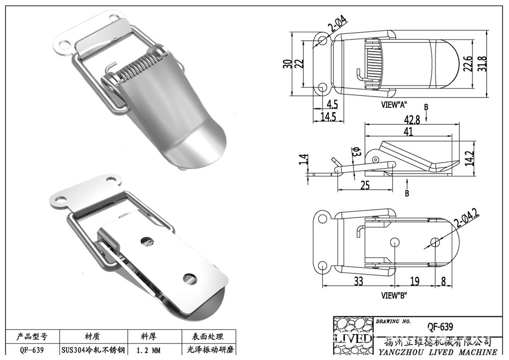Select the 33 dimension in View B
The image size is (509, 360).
(358, 281)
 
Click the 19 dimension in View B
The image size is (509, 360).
(415, 281)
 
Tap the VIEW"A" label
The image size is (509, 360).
(394, 105)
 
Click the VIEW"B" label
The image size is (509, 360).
(394, 295)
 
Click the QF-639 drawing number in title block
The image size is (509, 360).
(440, 327)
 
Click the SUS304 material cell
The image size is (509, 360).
(92, 350)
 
